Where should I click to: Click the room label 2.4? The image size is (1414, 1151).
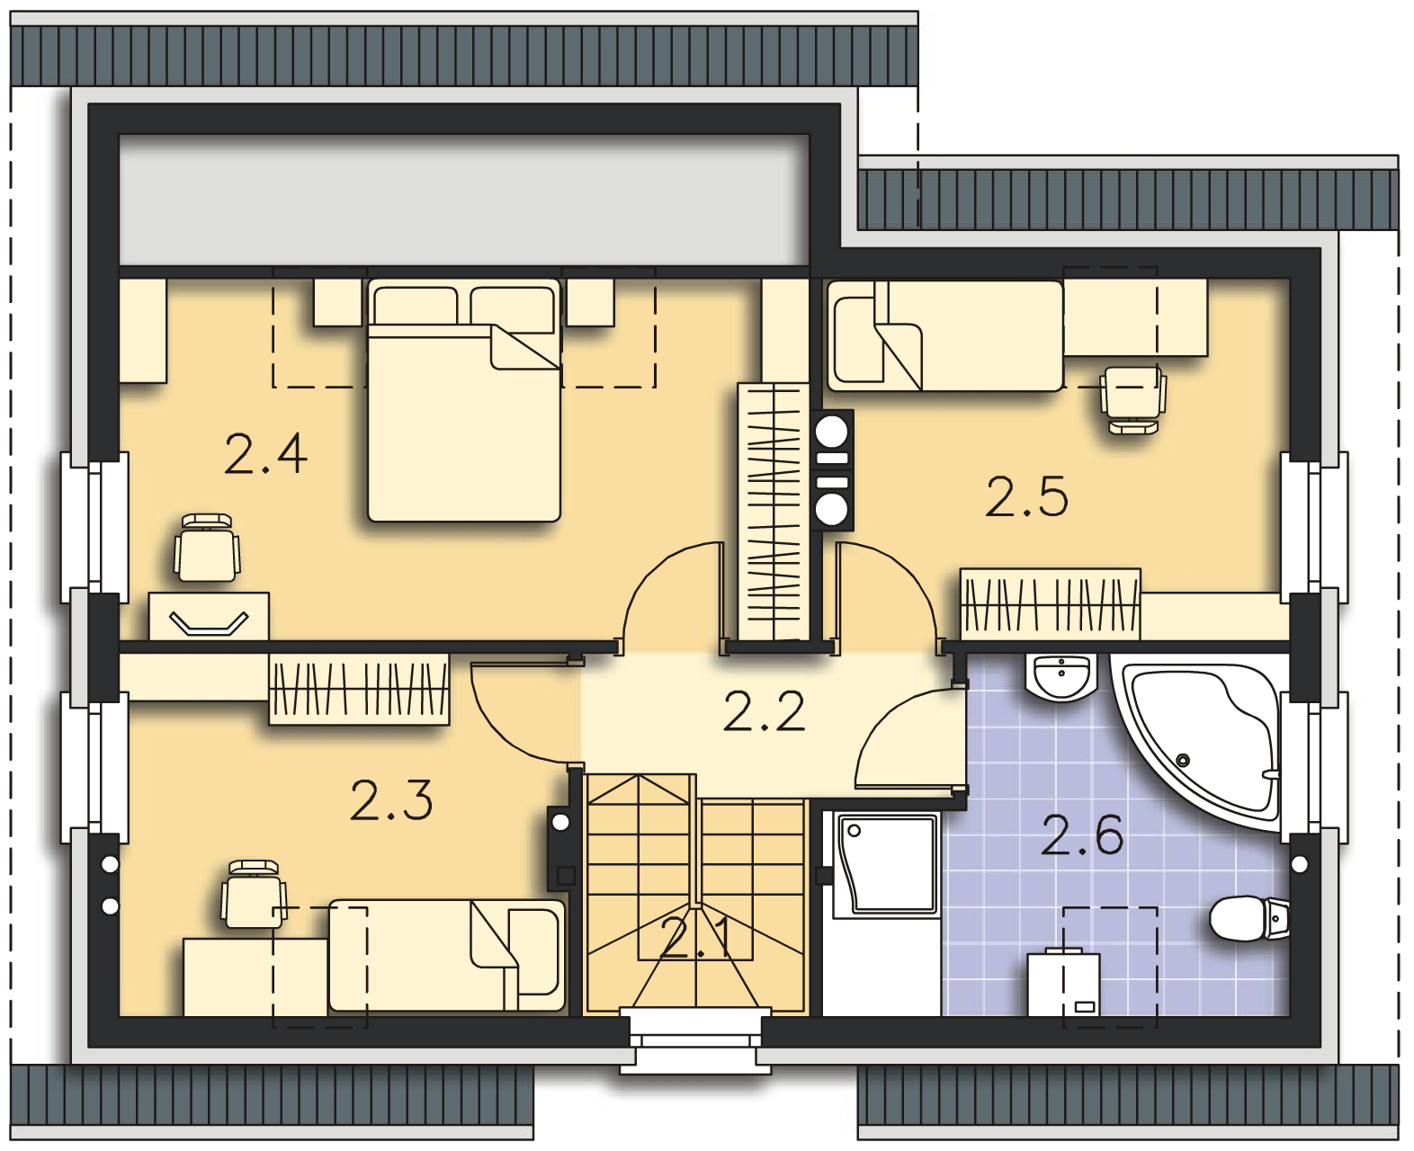pyautogui.click(x=265, y=454)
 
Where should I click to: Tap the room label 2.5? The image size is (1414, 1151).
pyautogui.click(x=1027, y=496)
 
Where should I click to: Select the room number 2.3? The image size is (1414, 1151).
pyautogui.click(x=391, y=800)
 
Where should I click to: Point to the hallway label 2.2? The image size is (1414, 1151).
pyautogui.click(x=764, y=711)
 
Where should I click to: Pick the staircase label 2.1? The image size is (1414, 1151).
pyautogui.click(x=696, y=939)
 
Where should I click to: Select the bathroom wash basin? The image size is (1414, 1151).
pyautogui.click(x=1060, y=677)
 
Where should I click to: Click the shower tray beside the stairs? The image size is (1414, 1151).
pyautogui.click(x=888, y=863)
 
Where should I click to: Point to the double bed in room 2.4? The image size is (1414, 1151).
pyautogui.click(x=464, y=401)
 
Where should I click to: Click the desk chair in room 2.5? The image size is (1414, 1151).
pyautogui.click(x=1133, y=400)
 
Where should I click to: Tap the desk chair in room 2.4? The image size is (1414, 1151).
pyautogui.click(x=207, y=548)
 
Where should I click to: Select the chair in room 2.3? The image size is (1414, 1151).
pyautogui.click(x=254, y=894)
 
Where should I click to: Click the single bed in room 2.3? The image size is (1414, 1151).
pyautogui.click(x=446, y=955)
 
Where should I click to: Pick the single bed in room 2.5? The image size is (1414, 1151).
pyautogui.click(x=945, y=335)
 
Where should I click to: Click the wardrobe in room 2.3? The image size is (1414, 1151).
pyautogui.click(x=359, y=690)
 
